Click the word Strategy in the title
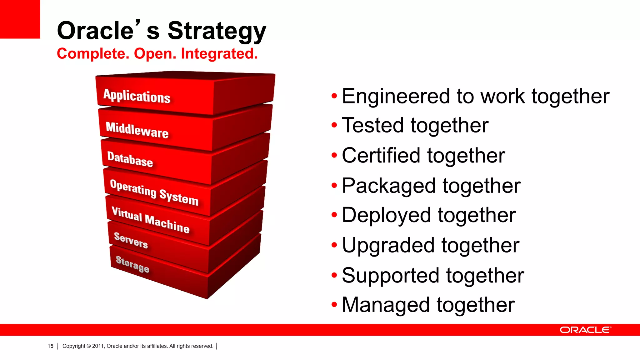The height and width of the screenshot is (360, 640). [217, 31]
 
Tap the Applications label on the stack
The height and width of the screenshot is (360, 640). [137, 96]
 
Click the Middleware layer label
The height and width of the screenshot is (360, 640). [137, 130]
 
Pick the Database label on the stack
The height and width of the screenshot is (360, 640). [130, 159]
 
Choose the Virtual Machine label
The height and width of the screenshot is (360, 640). [151, 220]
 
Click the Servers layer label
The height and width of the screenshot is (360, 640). [131, 240]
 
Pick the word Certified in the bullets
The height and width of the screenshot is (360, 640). [381, 156]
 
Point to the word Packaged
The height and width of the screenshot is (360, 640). [389, 186]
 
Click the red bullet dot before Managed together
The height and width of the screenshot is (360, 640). [334, 304]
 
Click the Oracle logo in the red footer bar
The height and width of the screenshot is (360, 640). [585, 330]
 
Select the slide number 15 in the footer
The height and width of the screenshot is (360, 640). [50, 346]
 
